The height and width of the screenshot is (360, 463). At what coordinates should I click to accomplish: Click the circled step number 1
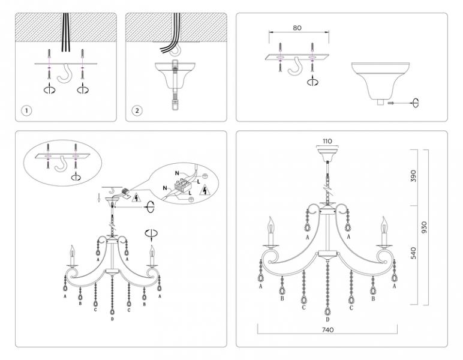click(x=26, y=111)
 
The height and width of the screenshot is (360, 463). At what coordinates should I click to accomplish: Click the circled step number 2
click(x=137, y=111)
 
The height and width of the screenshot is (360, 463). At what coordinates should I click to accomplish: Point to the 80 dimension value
click(x=297, y=28)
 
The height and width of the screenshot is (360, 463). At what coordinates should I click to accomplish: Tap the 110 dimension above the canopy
click(x=327, y=141)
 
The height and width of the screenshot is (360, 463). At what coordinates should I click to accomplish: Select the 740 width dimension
click(x=327, y=329)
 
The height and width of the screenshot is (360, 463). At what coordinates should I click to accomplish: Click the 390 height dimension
click(x=413, y=176)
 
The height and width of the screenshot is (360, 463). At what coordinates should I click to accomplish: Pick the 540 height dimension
click(x=413, y=253)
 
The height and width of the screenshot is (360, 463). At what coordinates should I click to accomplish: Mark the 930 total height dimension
click(x=424, y=227)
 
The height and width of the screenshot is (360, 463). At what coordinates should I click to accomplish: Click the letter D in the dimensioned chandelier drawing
click(x=327, y=320)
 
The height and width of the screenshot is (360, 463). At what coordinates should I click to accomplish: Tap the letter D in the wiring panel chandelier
click(x=112, y=319)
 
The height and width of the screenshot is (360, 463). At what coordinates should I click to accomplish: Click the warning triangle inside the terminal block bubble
click(x=204, y=190)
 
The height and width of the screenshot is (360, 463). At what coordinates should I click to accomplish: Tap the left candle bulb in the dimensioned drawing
click(x=270, y=226)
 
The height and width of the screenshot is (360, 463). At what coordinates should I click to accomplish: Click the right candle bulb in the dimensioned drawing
click(x=384, y=226)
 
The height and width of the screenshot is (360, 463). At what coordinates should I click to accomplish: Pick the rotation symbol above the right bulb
click(x=151, y=233)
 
